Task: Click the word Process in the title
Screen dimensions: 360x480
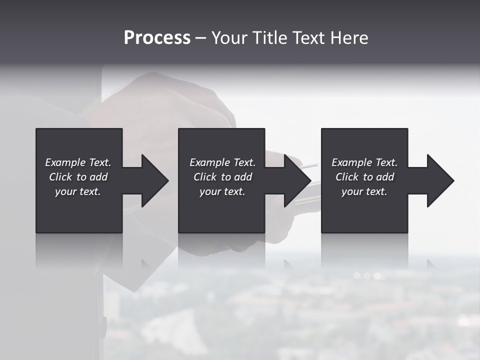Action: [157, 38]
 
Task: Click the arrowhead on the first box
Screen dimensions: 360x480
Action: [153, 180]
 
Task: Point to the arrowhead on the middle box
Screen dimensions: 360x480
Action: [295, 180]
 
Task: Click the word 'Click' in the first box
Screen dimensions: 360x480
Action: [61, 177]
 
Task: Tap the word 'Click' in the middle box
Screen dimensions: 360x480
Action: [205, 177]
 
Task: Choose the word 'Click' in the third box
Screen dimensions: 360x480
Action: [347, 177]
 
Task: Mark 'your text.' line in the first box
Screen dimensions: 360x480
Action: [78, 191]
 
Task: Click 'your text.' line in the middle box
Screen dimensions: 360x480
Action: [222, 191]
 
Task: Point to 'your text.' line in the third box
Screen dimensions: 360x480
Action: [364, 191]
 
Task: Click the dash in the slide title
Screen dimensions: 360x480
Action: [200, 38]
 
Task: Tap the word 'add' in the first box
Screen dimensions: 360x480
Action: [98, 177]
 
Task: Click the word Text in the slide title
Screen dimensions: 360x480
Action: [308, 38]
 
